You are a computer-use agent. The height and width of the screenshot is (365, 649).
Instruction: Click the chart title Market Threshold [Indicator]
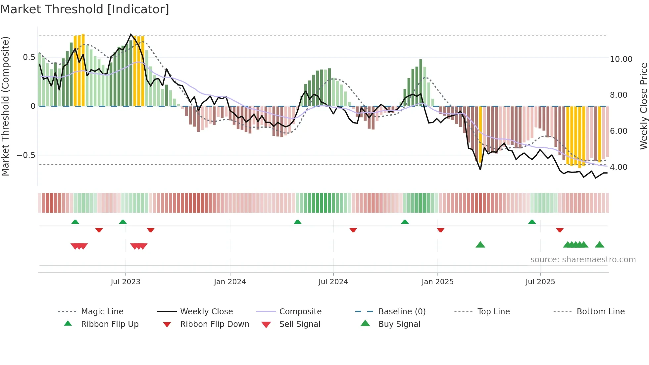[85, 9]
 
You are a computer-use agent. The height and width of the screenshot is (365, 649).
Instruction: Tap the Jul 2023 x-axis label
[125, 282]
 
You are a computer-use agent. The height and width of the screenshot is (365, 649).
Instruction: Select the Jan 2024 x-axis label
[230, 282]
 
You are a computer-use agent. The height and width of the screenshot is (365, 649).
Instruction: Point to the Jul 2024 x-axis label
[333, 282]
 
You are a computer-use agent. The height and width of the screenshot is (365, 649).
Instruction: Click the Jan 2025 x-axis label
[437, 282]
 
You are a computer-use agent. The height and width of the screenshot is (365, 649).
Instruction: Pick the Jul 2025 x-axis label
[540, 282]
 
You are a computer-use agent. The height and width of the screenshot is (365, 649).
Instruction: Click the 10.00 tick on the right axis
[621, 59]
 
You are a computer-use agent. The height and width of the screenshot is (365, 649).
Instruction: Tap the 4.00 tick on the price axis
[619, 167]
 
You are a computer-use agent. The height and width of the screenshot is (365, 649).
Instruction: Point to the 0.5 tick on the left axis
[29, 57]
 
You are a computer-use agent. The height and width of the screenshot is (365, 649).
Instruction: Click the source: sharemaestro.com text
[583, 260]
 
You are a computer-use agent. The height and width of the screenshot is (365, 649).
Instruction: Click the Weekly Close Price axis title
[643, 106]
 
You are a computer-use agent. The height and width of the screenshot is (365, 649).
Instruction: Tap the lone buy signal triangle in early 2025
[480, 245]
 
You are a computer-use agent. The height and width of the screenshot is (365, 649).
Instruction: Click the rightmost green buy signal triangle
[599, 245]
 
